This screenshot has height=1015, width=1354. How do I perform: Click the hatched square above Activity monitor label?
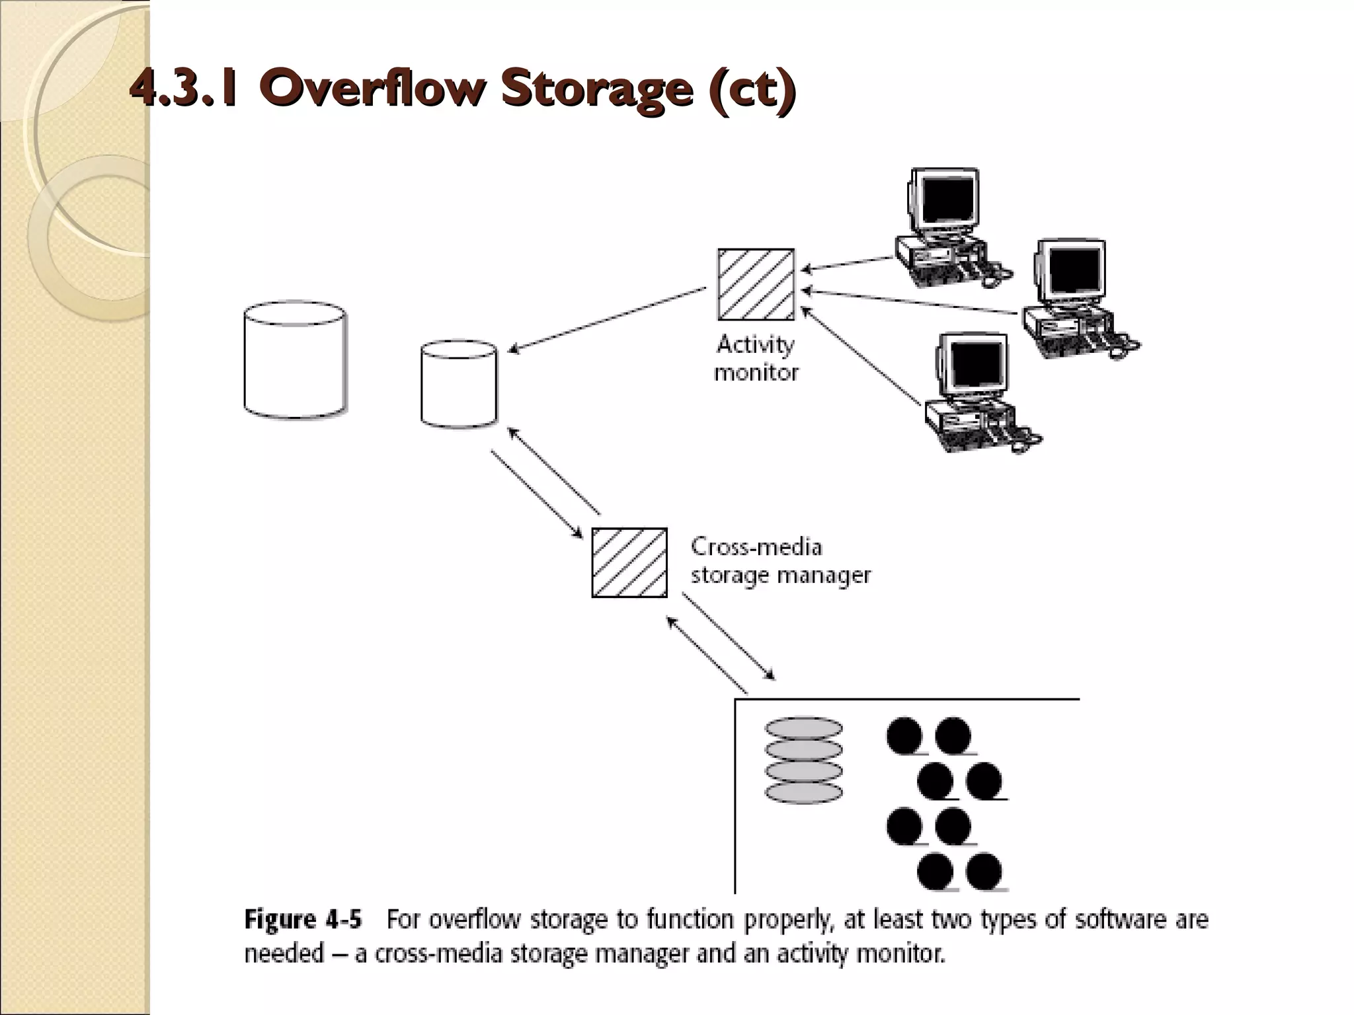coord(756,284)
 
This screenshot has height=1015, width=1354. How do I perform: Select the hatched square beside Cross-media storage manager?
coord(629,562)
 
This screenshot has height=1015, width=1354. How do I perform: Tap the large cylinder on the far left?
coord(295,360)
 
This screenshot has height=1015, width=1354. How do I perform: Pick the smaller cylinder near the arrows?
coord(459,384)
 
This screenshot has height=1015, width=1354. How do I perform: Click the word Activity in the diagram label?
coord(755,344)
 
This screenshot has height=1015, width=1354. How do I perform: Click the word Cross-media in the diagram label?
coord(756,546)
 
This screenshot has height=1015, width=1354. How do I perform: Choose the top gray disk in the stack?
coord(803,728)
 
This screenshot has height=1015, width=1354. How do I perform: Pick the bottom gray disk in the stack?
coord(803,792)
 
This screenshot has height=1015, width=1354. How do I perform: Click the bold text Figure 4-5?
coord(303,919)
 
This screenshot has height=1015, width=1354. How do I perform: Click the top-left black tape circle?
coord(904,735)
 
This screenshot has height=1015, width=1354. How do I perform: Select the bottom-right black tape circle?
coord(984,870)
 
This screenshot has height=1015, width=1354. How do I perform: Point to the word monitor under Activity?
coord(756,373)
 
